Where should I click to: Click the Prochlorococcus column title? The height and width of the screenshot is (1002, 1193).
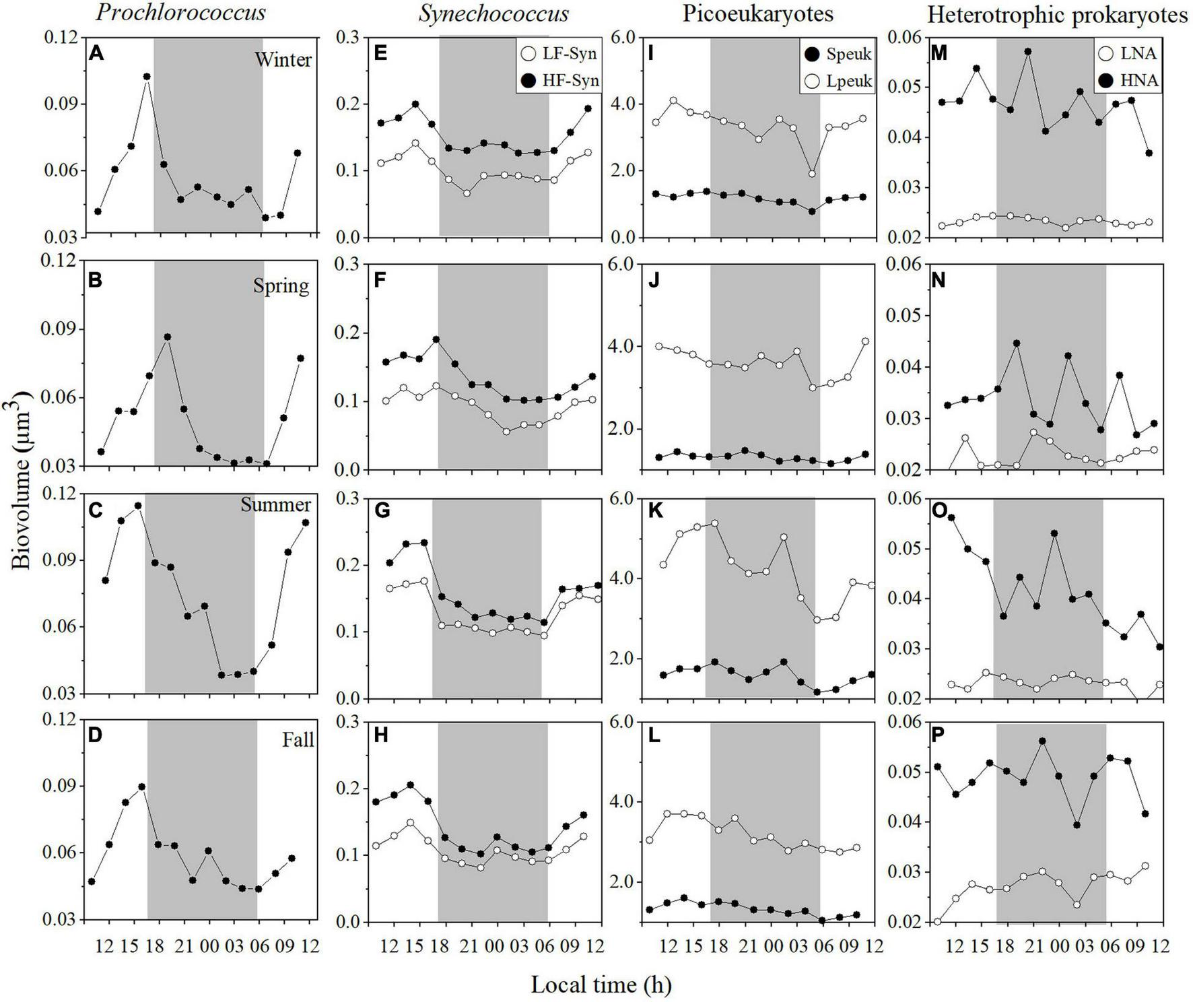[x=180, y=12]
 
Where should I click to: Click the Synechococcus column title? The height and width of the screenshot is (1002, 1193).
[x=493, y=13]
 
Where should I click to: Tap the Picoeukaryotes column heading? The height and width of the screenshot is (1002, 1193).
[x=757, y=13]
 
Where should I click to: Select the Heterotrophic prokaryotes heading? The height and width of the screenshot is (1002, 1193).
[x=1057, y=15]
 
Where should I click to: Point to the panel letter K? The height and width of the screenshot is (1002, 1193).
[x=653, y=512]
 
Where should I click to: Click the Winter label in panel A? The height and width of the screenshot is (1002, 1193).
[x=283, y=60]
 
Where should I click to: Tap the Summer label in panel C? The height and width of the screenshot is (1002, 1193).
[x=276, y=505]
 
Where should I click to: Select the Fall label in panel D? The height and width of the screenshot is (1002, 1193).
[x=298, y=740]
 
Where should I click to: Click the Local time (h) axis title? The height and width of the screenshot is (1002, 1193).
[x=601, y=984]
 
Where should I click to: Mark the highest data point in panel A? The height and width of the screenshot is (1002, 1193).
[x=147, y=77]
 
